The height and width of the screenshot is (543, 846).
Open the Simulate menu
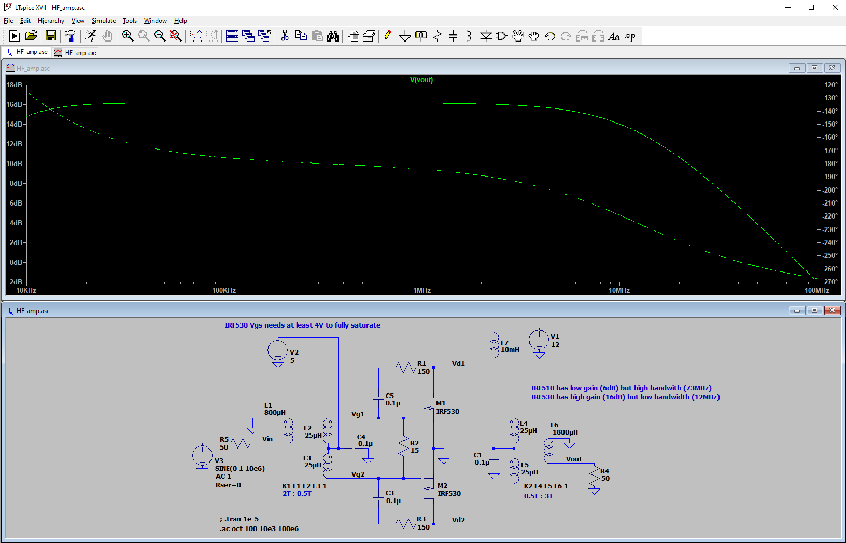[104, 21]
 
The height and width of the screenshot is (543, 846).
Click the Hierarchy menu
[51, 21]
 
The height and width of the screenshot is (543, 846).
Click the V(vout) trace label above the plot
[421, 80]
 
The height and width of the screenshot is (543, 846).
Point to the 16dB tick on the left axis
[15, 104]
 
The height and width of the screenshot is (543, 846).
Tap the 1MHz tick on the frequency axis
[422, 290]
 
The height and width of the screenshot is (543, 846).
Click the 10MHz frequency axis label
[619, 290]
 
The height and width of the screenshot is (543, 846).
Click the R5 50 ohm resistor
[240, 443]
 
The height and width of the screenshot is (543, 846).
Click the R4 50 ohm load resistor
[595, 477]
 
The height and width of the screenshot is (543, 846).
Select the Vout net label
[574, 459]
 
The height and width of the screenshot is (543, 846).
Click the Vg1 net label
[358, 414]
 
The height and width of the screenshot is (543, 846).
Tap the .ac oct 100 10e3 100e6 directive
[259, 528]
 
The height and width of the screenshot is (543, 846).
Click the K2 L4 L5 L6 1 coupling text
[546, 486]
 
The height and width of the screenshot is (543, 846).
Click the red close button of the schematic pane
[832, 310]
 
